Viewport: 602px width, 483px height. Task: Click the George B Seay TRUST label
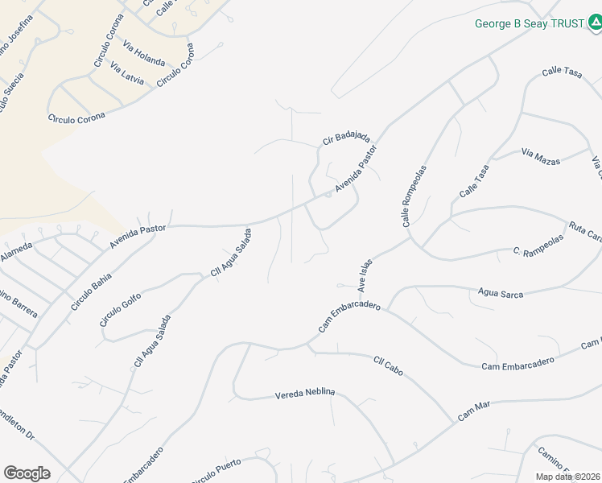(529, 23)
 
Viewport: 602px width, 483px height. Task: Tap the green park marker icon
(594, 24)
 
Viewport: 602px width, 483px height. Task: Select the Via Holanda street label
(144, 55)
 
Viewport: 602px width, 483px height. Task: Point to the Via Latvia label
(127, 74)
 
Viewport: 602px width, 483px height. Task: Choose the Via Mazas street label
(540, 151)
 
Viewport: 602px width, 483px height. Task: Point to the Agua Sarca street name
(501, 294)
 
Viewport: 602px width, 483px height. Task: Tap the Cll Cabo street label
(388, 366)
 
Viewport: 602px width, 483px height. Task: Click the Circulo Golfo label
(120, 310)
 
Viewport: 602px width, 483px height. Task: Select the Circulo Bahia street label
(91, 290)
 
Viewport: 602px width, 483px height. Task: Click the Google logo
(27, 473)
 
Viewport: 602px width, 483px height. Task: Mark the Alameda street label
(16, 252)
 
